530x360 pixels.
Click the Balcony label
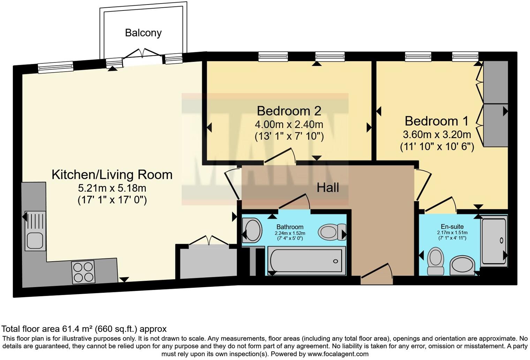pyautogui.click(x=143, y=33)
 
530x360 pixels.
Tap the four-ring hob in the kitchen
pyautogui.click(x=83, y=272)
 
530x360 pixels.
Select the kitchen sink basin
pyautogui.click(x=35, y=240)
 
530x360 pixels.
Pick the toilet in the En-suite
pyautogui.click(x=436, y=261)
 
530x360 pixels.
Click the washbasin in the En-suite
pyautogui.click(x=462, y=265)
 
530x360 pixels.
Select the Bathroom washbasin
pyautogui.click(x=252, y=230)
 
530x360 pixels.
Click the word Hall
pyautogui.click(x=328, y=188)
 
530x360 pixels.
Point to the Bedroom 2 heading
pyautogui.click(x=289, y=111)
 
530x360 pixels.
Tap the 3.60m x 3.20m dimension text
pyautogui.click(x=437, y=134)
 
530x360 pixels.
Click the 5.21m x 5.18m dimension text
pyautogui.click(x=112, y=188)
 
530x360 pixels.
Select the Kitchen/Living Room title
pyautogui.click(x=112, y=175)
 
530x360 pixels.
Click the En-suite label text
pyautogui.click(x=452, y=226)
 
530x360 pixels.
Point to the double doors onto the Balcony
pyautogui.click(x=143, y=53)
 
